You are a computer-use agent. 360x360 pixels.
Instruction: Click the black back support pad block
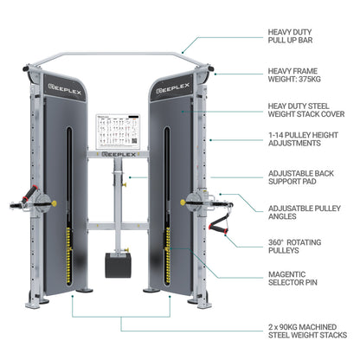[x=118, y=263]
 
